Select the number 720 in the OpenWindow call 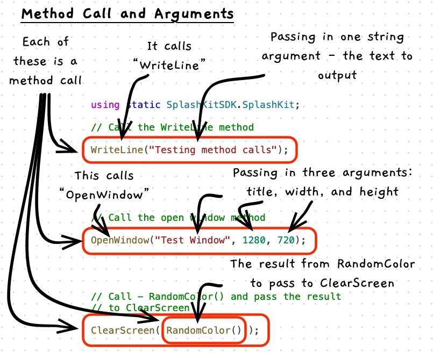pos(287,240)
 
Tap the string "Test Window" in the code pos(193,240)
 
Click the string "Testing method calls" pos(213,150)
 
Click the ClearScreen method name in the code pos(123,330)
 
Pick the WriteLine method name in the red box pos(117,150)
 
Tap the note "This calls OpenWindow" pos(104,184)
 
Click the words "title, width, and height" pos(322,191)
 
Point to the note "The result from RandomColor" pos(322,264)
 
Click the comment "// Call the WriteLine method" pos(172,127)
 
